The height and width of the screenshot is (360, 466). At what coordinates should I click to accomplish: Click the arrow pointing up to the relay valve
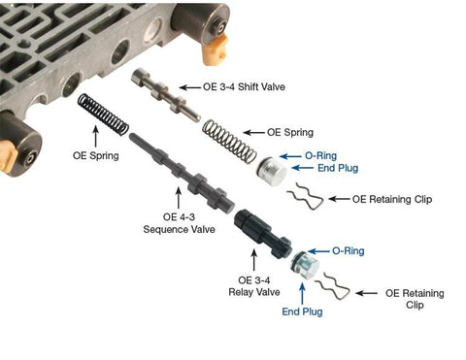click(254, 260)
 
